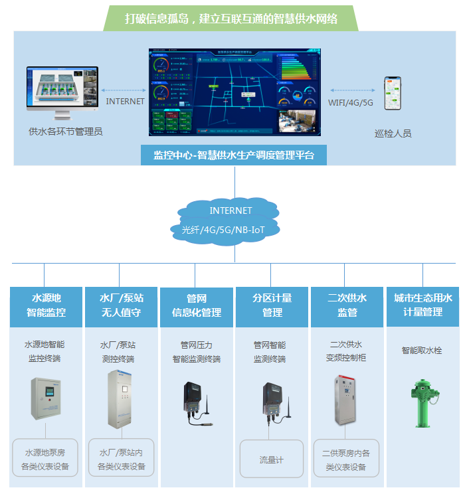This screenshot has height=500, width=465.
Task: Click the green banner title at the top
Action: click(231, 19)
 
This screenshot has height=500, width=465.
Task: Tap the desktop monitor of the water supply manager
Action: click(62, 89)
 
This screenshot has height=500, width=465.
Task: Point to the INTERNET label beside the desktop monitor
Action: click(125, 102)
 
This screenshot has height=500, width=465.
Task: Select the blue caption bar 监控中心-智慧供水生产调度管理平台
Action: click(234, 155)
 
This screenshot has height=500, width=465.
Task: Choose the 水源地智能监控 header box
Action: click(46, 305)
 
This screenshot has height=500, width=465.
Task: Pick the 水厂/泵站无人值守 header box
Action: click(121, 305)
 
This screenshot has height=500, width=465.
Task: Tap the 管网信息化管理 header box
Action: click(196, 305)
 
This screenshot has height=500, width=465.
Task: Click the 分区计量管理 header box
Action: click(272, 305)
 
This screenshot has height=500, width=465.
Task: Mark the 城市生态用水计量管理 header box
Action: click(422, 305)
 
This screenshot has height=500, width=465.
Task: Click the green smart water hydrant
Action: click(421, 402)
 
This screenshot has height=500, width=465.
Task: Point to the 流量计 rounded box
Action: click(271, 459)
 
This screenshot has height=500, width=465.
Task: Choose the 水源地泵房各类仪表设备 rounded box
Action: click(45, 458)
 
